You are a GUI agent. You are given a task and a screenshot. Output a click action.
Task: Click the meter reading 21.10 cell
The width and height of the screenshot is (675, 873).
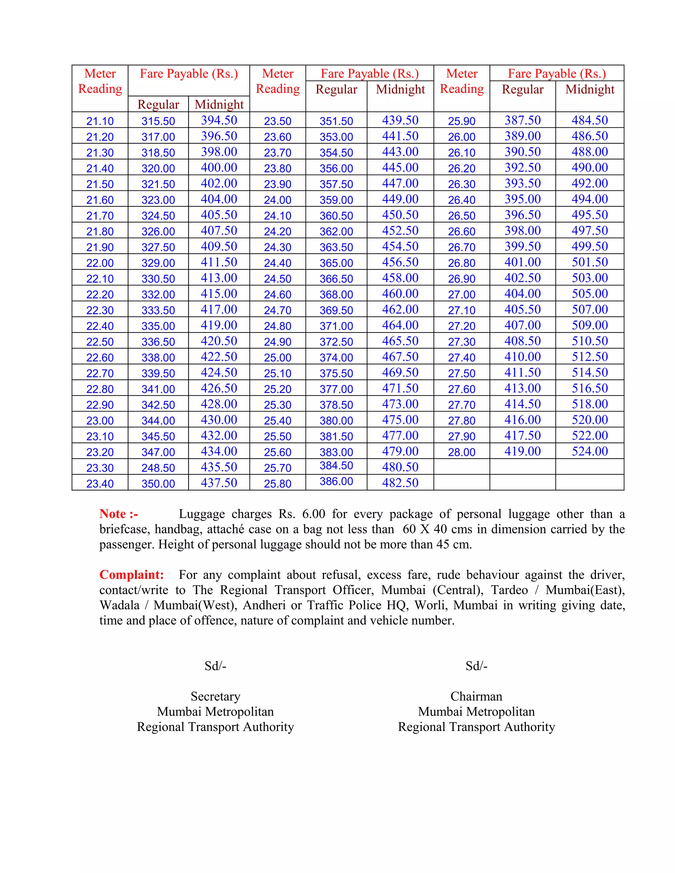tap(100, 121)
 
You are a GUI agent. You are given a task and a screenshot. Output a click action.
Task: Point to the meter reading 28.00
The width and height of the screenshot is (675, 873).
tap(461, 452)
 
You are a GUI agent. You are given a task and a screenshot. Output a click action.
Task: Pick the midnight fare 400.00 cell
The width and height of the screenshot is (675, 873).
tap(219, 167)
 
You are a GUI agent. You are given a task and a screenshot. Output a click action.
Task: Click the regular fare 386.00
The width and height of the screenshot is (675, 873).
tap(336, 481)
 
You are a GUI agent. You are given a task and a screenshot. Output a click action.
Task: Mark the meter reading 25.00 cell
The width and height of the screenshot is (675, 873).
tap(278, 357)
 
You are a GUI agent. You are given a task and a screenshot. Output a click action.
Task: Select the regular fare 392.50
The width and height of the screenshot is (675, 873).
tap(522, 167)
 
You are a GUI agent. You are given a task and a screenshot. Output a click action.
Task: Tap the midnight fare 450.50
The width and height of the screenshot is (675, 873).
tap(400, 215)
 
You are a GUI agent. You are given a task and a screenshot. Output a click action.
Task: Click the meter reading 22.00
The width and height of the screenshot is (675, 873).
tap(100, 263)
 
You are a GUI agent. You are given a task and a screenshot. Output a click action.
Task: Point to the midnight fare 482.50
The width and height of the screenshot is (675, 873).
tap(400, 483)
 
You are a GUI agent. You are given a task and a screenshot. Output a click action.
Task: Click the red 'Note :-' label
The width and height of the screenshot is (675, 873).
tap(119, 514)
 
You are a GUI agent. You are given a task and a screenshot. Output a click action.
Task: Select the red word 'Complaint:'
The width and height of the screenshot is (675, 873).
tap(132, 575)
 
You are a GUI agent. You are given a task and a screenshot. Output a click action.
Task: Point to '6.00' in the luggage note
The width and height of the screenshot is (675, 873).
tap(313, 514)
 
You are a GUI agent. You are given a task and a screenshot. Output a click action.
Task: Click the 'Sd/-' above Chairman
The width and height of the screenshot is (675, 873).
tap(476, 666)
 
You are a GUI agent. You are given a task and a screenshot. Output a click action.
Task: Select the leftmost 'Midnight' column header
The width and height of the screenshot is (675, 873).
tap(219, 104)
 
